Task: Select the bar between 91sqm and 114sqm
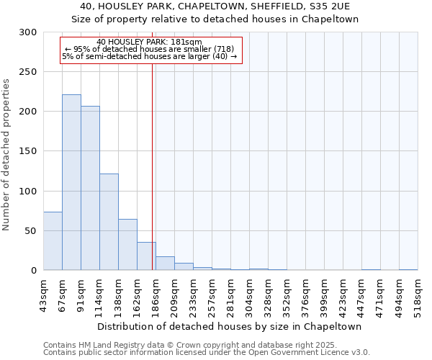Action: tap(90, 188)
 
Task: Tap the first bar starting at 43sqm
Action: tap(53, 241)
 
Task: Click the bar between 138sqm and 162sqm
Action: tap(127, 245)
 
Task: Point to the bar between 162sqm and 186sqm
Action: tap(146, 256)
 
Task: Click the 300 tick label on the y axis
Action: tap(27, 32)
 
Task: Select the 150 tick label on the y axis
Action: tap(27, 151)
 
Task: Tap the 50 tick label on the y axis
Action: tap(30, 231)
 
